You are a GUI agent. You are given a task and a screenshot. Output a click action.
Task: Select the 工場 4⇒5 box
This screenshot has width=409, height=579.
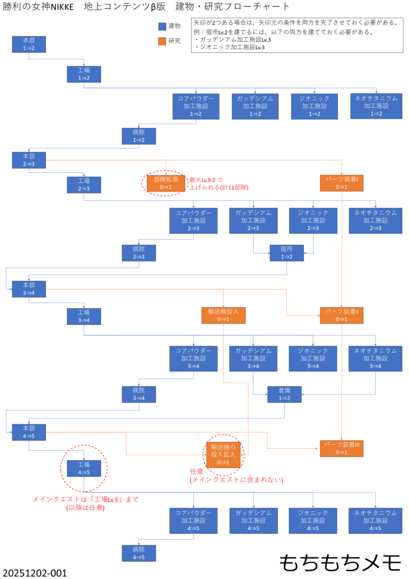[x=84, y=468]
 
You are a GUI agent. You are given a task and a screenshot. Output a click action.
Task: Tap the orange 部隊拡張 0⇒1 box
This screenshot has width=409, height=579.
[x=166, y=183]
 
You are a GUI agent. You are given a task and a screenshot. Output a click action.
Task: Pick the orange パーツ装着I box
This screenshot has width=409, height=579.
[x=341, y=183]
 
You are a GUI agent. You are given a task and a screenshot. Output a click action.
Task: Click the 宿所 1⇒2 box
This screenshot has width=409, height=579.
[x=286, y=252]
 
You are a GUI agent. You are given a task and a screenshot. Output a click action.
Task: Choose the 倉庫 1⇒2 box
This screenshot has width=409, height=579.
[x=284, y=394]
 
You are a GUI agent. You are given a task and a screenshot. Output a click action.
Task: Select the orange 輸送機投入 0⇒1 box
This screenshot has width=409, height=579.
[x=223, y=315]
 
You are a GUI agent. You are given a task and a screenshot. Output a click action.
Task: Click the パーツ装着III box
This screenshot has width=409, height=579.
[x=341, y=448]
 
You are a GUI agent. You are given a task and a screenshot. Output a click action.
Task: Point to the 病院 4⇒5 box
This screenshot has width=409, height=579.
[x=139, y=553]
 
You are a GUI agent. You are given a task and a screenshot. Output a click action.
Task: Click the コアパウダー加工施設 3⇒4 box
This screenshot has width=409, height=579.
[x=193, y=358]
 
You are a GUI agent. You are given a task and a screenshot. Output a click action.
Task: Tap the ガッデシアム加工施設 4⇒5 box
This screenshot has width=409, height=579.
[x=253, y=521]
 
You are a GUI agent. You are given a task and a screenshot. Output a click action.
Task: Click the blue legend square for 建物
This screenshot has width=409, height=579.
[x=162, y=26]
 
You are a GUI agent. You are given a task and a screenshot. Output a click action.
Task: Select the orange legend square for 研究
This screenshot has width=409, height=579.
[x=162, y=41]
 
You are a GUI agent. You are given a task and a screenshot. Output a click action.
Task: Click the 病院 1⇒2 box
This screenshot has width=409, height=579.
[x=139, y=136]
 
